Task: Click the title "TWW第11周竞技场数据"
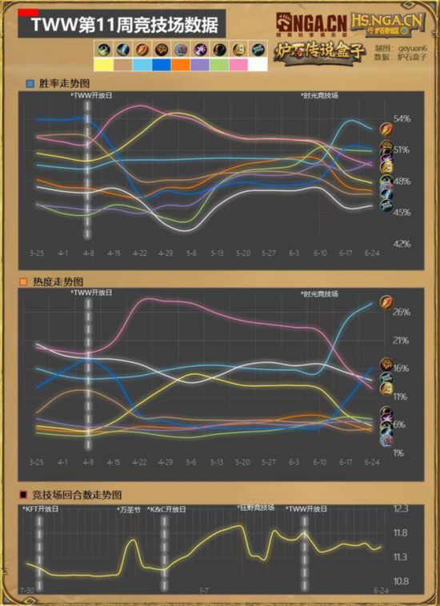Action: [x=112, y=28]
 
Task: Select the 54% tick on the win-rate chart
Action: [x=402, y=119]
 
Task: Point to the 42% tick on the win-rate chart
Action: [x=402, y=243]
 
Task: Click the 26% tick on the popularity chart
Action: [x=402, y=312]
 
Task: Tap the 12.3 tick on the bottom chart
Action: [x=402, y=508]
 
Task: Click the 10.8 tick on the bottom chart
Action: [x=402, y=581]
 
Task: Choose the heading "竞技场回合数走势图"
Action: [x=78, y=495]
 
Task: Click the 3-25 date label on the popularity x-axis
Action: [x=37, y=463]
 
